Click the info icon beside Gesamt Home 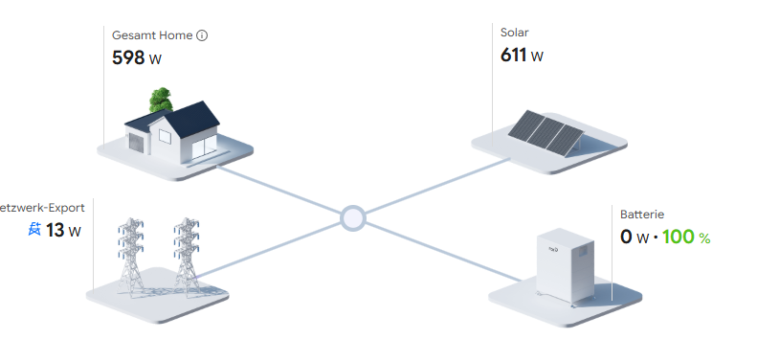point(202,35)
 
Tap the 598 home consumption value point(128,58)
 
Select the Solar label point(515,33)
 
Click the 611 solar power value point(513,55)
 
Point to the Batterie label point(642,215)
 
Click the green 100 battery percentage point(679,237)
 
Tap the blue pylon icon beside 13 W point(34,229)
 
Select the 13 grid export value point(56,230)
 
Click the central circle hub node point(353,218)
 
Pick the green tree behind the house point(161,100)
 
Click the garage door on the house point(136,144)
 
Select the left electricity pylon point(131,256)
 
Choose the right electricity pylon point(187,256)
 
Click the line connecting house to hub point(279,190)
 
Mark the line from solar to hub point(437,186)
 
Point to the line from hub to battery point(443,252)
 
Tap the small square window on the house point(166,137)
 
